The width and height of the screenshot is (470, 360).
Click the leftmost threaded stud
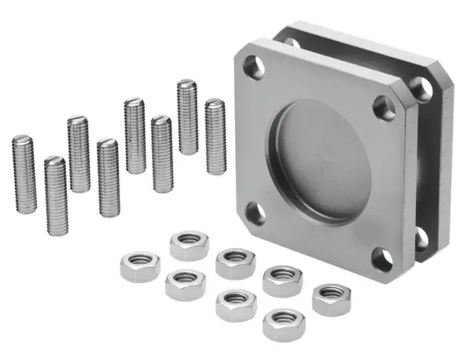[23, 173]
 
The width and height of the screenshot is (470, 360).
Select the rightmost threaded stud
[215, 136]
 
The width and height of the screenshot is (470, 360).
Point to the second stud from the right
[187, 117]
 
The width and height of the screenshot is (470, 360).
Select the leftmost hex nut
[139, 268]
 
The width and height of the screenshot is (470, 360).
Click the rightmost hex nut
[331, 299]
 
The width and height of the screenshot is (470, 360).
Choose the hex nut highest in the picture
[189, 244]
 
